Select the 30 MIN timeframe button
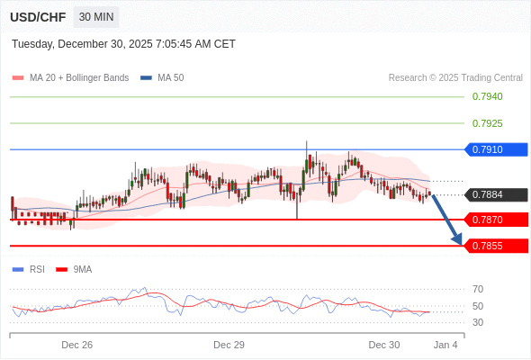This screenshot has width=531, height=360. pyautogui.click(x=96, y=17)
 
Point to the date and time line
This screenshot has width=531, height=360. pyautogui.click(x=124, y=43)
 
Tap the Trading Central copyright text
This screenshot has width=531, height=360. pyautogui.click(x=455, y=77)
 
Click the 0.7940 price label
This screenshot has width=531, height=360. pyautogui.click(x=487, y=96)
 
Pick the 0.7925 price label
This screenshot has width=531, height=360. pyautogui.click(x=487, y=123)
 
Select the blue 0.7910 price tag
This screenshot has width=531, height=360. pyautogui.click(x=494, y=149)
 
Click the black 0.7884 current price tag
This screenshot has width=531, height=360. pyautogui.click(x=494, y=194)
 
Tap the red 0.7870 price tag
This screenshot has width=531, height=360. pyautogui.click(x=494, y=220)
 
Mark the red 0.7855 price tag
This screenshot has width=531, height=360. pyautogui.click(x=494, y=246)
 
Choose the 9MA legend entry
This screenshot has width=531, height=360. pyautogui.click(x=82, y=269)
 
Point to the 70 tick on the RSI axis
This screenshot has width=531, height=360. pyautogui.click(x=478, y=289)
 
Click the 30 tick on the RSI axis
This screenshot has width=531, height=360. pyautogui.click(x=478, y=322)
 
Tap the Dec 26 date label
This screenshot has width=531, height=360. pyautogui.click(x=77, y=345)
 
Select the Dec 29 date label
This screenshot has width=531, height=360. pyautogui.click(x=229, y=345)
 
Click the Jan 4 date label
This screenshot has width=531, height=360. pyautogui.click(x=445, y=345)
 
